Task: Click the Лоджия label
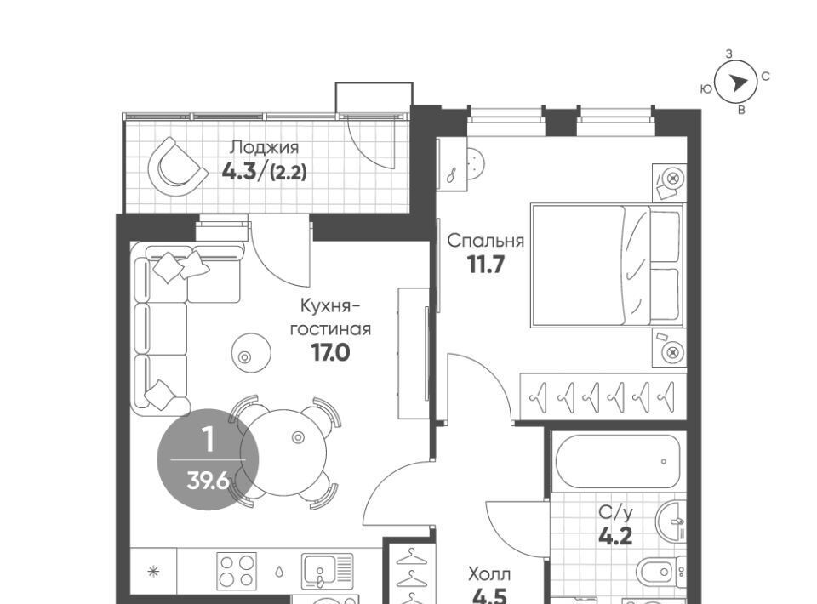click(264, 148)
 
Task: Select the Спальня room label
click(486, 241)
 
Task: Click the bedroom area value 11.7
click(486, 265)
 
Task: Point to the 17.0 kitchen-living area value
click(331, 353)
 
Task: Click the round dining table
click(283, 452)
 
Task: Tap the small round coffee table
click(251, 352)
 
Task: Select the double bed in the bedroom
click(607, 265)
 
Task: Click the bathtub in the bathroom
click(618, 461)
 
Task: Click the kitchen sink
click(327, 571)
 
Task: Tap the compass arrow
click(738, 83)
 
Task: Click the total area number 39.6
click(208, 481)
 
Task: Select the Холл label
click(489, 575)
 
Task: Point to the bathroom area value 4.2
click(615, 535)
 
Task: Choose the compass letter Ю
click(706, 89)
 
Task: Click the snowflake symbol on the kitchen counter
click(153, 571)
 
